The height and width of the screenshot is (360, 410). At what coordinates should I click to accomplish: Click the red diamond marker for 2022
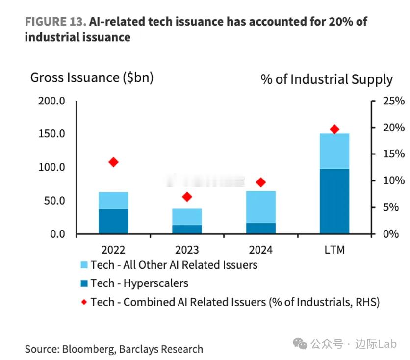[x=113, y=162]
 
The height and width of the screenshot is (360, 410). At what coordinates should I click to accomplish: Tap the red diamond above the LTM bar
[x=334, y=129]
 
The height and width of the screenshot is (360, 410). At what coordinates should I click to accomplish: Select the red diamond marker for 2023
[x=187, y=197]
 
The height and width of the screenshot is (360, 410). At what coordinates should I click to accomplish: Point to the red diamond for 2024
[x=260, y=182]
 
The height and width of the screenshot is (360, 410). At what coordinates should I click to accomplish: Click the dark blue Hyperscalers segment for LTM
[x=334, y=201]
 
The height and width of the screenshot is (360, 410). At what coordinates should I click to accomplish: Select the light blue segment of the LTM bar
[x=334, y=151]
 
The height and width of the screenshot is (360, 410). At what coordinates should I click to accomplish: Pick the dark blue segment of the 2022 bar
[x=113, y=221]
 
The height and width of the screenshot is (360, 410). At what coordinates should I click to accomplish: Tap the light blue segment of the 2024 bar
[x=260, y=207]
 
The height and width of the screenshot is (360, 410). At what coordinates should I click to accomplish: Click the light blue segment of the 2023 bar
[x=187, y=217]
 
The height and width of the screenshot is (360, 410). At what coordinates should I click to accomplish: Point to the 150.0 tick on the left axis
[x=52, y=134]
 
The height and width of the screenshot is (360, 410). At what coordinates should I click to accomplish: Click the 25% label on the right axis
[x=394, y=101]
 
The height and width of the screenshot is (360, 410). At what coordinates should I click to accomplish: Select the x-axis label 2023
[x=187, y=250]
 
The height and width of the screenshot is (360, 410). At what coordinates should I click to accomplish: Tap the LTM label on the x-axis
[x=334, y=250]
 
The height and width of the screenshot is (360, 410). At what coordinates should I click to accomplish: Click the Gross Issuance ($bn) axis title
[x=92, y=77]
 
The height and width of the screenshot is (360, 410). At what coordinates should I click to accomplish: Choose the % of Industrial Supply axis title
[x=327, y=79]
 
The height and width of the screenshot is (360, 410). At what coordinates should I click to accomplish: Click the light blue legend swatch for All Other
[x=83, y=265]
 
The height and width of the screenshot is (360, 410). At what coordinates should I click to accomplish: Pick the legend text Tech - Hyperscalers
[x=139, y=283]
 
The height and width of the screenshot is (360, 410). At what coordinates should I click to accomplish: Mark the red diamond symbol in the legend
[x=83, y=302]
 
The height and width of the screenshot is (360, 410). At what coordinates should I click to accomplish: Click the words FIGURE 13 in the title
[x=54, y=22]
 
